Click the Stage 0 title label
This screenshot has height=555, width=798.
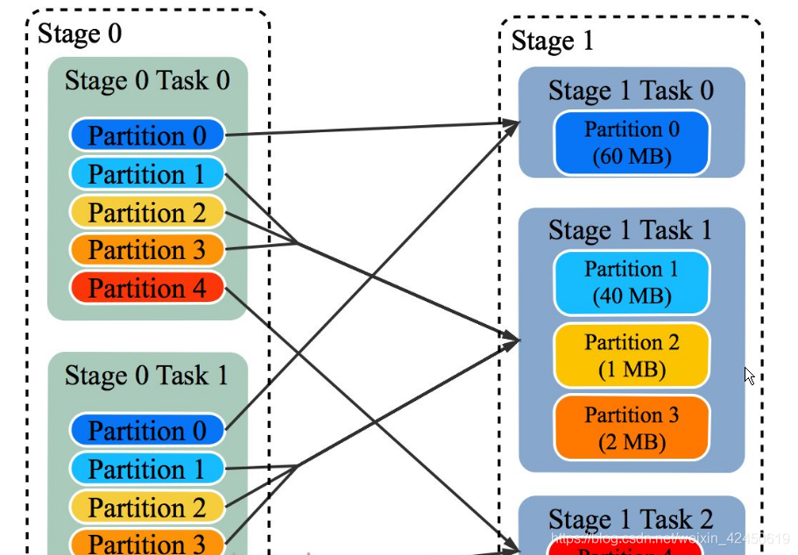coord(80,34)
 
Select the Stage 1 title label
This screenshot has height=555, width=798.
coord(552,40)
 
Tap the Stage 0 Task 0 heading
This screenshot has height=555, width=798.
coord(147,81)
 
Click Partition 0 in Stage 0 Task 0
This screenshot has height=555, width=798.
coord(147,136)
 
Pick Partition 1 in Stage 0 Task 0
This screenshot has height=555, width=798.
coord(147,174)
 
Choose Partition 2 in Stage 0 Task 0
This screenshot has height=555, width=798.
coord(147,213)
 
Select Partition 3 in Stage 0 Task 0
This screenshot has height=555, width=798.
coord(147,250)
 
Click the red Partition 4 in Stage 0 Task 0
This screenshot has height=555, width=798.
coord(147,288)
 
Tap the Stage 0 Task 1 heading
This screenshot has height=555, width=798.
coord(147,376)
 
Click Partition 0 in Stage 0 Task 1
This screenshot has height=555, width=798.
coord(147,431)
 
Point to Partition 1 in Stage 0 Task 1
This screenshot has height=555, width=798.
coord(147,469)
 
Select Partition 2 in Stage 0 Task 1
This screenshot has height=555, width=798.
coord(147,508)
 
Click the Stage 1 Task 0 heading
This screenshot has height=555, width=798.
coord(631,90)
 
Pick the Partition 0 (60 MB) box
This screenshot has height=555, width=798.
coord(632,143)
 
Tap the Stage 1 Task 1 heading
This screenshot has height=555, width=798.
coord(631,230)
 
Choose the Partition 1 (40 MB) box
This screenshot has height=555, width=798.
coord(632,283)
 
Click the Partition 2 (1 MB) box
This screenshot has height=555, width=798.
coord(632,355)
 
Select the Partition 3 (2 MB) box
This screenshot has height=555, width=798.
coord(632,428)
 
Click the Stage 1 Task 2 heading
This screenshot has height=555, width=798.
coord(631,518)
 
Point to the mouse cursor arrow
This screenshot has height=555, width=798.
coord(749,376)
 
